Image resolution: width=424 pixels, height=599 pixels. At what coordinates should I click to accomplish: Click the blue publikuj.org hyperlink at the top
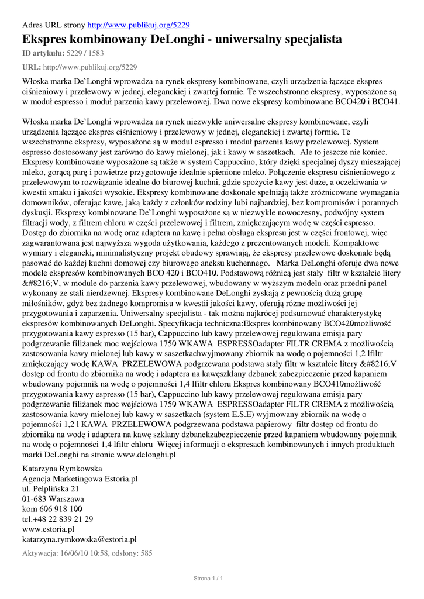(x=138, y=26)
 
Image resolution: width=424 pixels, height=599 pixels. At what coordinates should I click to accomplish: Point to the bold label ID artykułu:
(x=43, y=53)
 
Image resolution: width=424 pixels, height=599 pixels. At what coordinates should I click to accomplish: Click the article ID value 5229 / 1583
(x=87, y=53)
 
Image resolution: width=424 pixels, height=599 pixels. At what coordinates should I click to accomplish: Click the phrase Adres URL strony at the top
(x=53, y=26)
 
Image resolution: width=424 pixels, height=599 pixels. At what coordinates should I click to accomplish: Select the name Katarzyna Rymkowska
(x=62, y=469)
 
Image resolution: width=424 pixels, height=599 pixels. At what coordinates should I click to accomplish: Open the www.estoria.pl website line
(x=48, y=529)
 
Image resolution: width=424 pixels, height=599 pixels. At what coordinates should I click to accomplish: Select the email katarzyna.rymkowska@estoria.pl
(x=79, y=539)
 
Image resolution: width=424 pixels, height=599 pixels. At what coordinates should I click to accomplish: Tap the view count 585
(x=146, y=553)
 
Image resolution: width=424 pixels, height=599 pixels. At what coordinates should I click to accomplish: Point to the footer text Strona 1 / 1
(x=209, y=579)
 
